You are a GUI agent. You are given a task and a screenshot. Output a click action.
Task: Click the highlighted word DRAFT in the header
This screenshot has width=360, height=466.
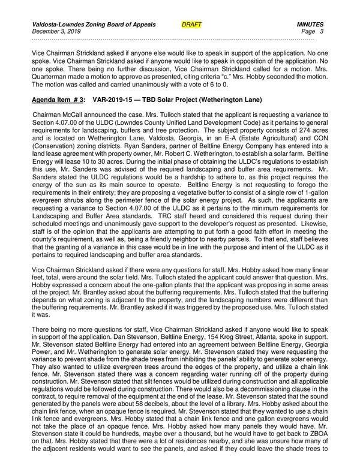[191, 24]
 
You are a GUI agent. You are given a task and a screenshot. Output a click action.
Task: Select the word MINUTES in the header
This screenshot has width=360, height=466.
[310, 24]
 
